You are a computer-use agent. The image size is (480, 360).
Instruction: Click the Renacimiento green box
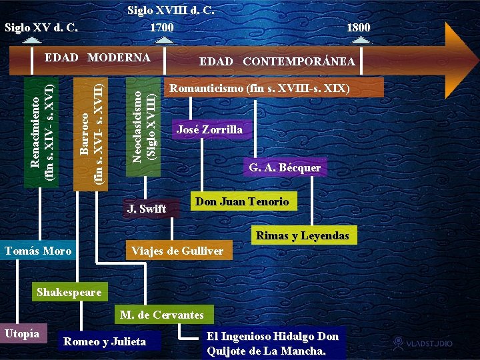[x=41, y=130]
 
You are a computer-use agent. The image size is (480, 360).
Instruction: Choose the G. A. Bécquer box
[x=285, y=168]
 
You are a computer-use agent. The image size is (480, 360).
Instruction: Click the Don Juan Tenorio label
[x=242, y=201]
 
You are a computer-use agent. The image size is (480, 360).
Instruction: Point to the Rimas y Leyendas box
[x=303, y=235]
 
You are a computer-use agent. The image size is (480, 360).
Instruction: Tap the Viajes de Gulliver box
[x=177, y=251]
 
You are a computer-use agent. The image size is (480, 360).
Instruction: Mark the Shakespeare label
[x=69, y=292]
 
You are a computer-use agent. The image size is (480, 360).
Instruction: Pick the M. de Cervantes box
[x=162, y=315]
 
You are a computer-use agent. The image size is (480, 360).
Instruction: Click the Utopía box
[x=23, y=333]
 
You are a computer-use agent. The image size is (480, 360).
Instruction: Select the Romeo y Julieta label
[x=104, y=341]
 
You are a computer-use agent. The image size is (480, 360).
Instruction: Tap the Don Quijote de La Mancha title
[x=273, y=343]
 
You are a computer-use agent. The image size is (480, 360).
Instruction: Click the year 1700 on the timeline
[x=161, y=27]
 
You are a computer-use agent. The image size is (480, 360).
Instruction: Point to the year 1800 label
[x=358, y=27]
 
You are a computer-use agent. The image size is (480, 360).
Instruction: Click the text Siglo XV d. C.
[x=41, y=27]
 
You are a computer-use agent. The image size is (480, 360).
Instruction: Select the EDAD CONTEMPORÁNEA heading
[x=277, y=61]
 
